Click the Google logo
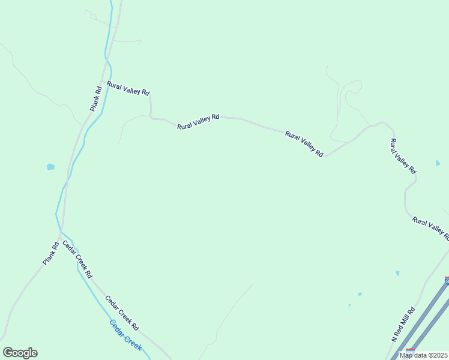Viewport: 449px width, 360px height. [20, 353]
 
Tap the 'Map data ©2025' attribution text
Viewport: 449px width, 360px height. [424, 355]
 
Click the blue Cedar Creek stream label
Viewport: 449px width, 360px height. [125, 335]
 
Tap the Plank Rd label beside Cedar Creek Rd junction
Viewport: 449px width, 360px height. [50, 253]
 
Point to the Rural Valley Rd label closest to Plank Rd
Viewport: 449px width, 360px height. [128, 88]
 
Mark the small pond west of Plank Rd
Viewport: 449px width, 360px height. [50, 167]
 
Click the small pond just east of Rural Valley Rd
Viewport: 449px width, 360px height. [438, 163]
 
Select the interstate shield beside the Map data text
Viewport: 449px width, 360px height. [411, 350]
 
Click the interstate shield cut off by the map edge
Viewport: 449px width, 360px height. [447, 280]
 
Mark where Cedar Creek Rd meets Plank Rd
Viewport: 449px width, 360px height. [60, 230]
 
